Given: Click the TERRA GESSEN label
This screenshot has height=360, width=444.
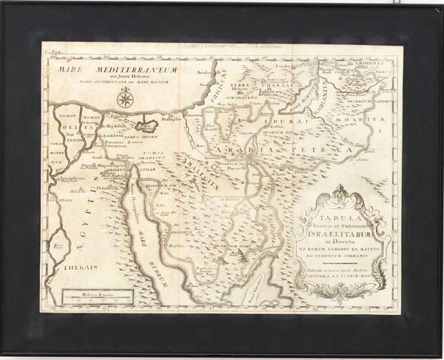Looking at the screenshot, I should pyautogui.click(x=141, y=137).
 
